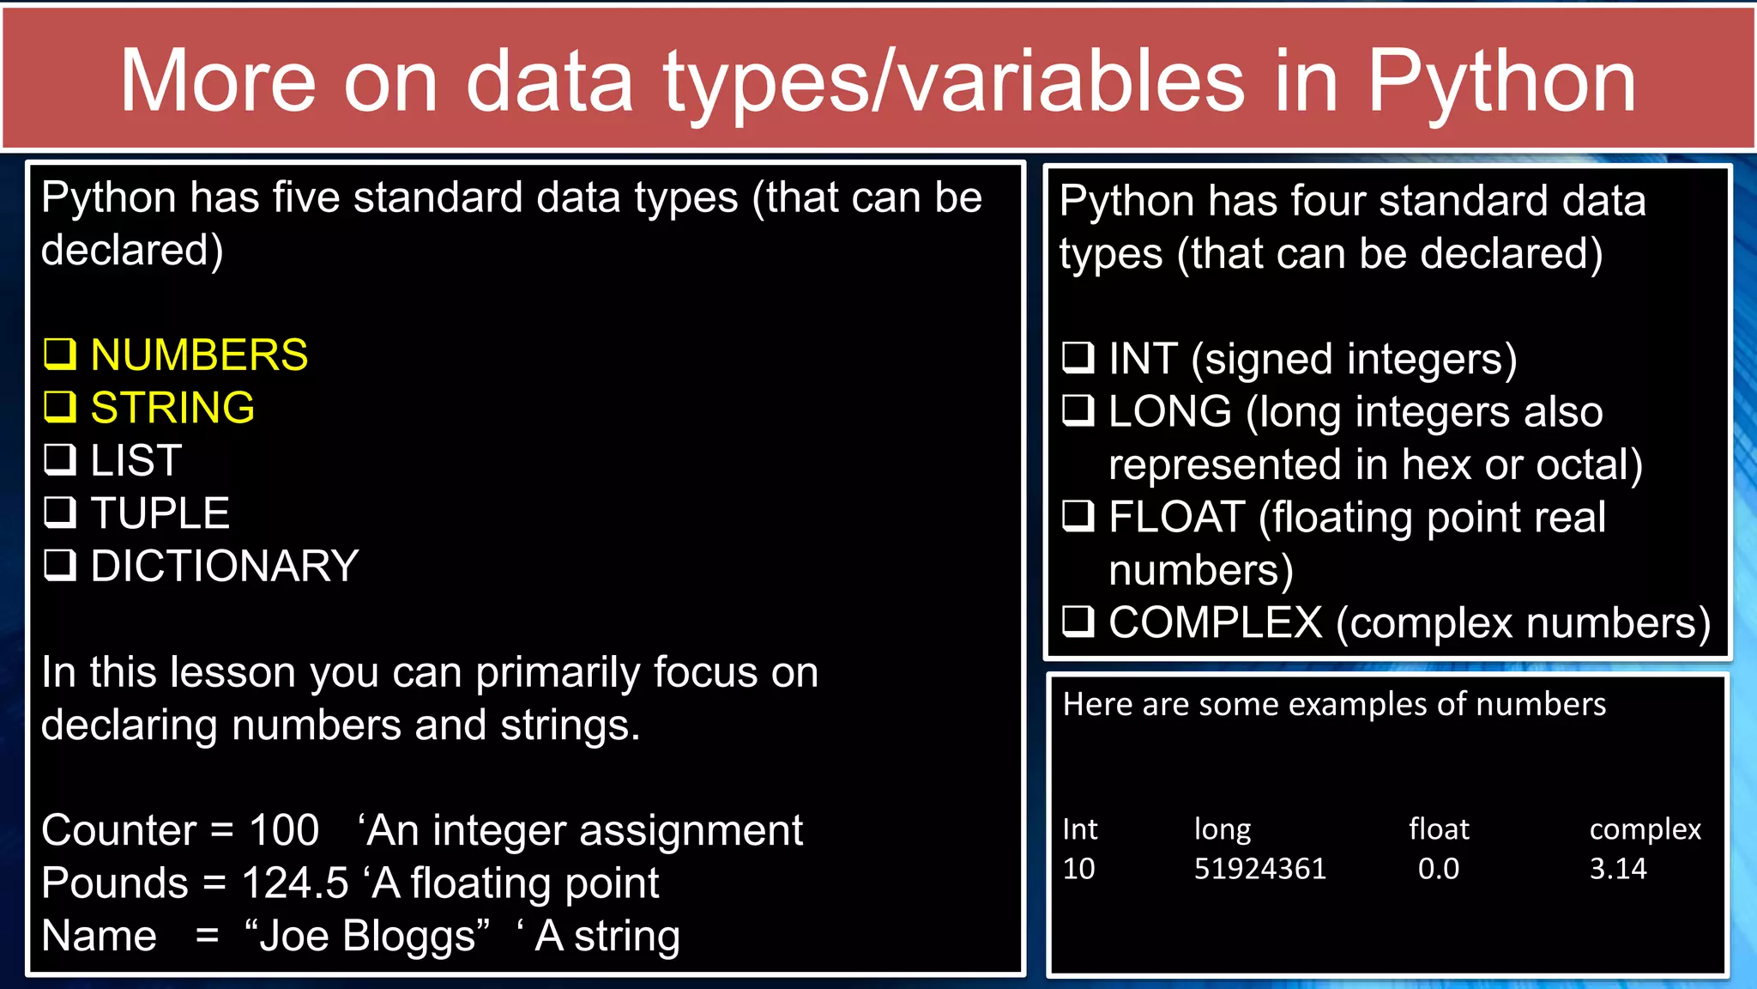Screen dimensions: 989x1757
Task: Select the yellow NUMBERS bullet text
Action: (x=199, y=355)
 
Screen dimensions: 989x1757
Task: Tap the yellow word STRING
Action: (x=172, y=408)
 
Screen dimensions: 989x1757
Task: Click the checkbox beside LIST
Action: (x=60, y=460)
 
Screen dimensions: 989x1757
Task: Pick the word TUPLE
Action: (x=160, y=513)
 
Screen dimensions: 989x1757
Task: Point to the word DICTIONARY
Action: (x=225, y=567)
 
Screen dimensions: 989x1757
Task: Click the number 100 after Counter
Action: (x=284, y=830)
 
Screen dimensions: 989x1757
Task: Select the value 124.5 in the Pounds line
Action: (x=295, y=883)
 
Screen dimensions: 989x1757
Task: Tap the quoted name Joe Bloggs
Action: (x=367, y=936)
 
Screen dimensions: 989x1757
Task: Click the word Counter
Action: (x=119, y=830)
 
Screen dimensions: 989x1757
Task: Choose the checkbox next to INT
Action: (x=1078, y=357)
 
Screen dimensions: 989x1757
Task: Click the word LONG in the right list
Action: (x=1169, y=411)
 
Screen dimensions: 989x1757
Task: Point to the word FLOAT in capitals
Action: (x=1176, y=518)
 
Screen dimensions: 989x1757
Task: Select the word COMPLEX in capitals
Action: (x=1215, y=623)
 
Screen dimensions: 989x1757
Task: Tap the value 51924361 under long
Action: (x=1259, y=869)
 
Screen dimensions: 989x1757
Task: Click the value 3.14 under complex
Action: (x=1617, y=869)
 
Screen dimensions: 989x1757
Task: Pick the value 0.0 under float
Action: (x=1438, y=869)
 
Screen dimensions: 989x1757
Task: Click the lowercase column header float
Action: (x=1438, y=828)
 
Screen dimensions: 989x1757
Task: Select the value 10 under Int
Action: (x=1078, y=869)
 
